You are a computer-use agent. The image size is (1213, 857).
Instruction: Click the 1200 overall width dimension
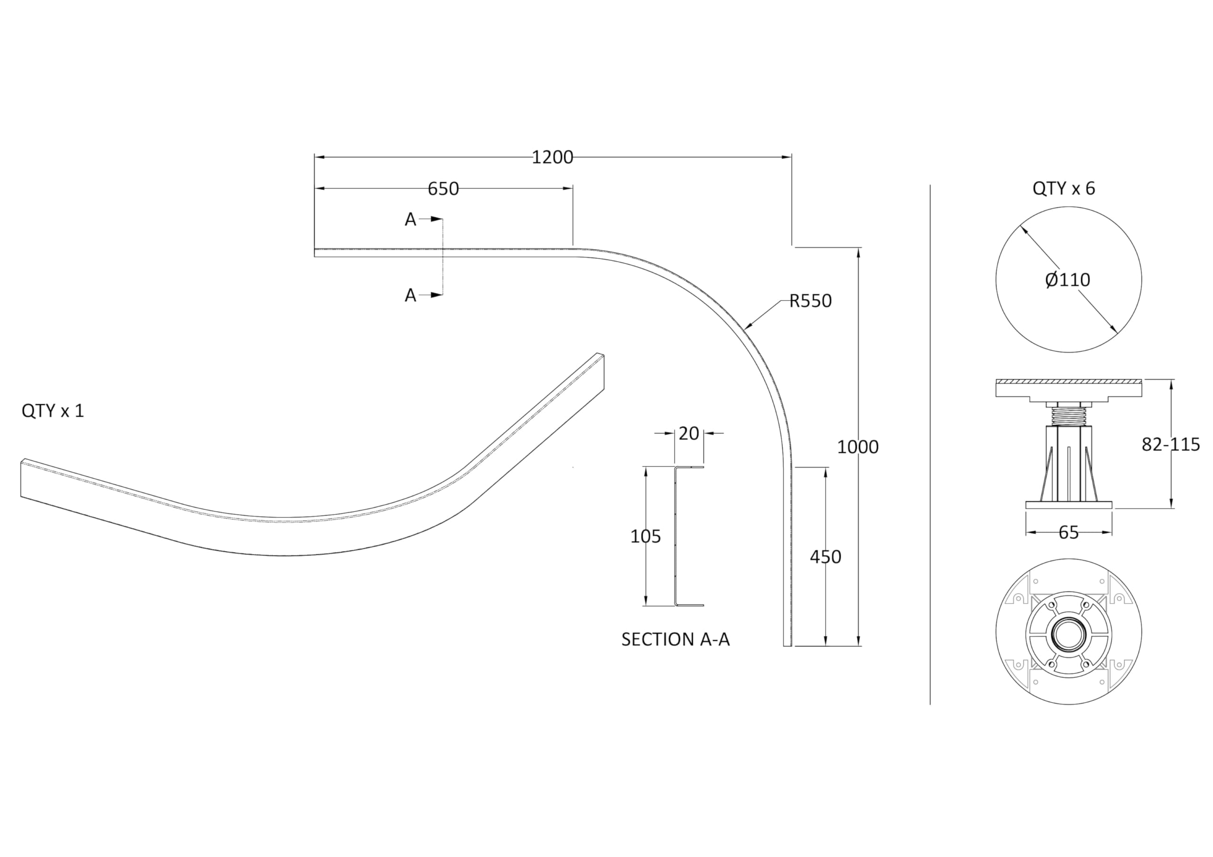pos(552,157)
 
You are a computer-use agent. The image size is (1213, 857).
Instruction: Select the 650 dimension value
pos(443,189)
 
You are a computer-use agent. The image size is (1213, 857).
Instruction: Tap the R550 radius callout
pos(810,301)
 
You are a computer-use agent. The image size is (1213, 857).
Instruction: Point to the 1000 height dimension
pos(858,447)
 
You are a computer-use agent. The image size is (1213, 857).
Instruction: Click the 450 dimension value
pos(825,556)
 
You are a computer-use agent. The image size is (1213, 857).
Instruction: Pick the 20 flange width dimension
pos(688,434)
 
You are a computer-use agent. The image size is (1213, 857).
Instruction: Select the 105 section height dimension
pos(645,536)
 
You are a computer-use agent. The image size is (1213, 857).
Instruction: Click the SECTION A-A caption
pos(675,640)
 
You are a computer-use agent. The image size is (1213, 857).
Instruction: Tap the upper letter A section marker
pos(410,220)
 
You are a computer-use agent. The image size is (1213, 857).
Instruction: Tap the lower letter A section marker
pos(410,296)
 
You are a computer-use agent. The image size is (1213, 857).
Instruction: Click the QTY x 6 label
pos(1063,188)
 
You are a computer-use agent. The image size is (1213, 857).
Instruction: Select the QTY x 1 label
pos(53,411)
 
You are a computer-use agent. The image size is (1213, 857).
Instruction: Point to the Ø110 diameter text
pos(1067,279)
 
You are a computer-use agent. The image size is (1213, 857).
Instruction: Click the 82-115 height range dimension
pos(1170,445)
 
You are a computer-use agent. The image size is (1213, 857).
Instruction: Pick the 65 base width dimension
pos(1068,532)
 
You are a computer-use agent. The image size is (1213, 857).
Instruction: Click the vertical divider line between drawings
pos(930,444)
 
